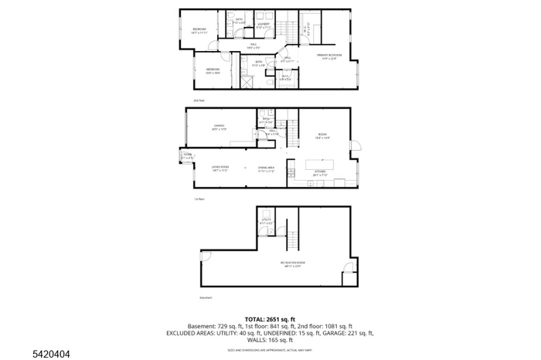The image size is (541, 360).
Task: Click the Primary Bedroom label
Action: (330, 56)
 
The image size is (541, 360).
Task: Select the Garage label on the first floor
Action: (219, 127)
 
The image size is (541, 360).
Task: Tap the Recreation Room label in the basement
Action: (293, 264)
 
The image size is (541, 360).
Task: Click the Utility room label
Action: (266, 221)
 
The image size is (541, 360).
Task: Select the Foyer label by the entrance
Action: (187, 156)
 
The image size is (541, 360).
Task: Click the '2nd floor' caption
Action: (199, 100)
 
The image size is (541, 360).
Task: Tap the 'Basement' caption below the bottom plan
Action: (206, 297)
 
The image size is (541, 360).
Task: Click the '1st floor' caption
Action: (199, 199)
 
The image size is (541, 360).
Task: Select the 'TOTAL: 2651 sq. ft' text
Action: (270, 319)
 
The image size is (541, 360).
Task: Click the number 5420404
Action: (29, 354)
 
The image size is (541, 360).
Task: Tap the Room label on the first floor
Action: (322, 134)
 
